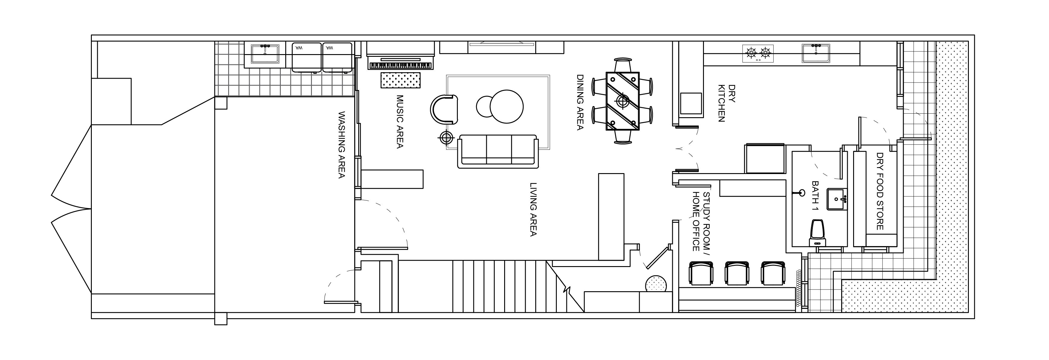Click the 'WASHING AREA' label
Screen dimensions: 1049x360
pyautogui.click(x=341, y=145)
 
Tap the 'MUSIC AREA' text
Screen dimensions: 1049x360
pyautogui.click(x=400, y=122)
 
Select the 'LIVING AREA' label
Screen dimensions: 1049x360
pyautogui.click(x=533, y=209)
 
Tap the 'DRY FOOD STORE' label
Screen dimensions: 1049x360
pyautogui.click(x=879, y=191)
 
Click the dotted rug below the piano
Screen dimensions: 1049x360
pyautogui.click(x=401, y=80)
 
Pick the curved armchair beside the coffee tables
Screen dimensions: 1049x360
pyautogui.click(x=444, y=109)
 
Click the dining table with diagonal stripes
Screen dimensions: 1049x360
pyautogui.click(x=623, y=101)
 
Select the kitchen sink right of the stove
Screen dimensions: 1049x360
pyautogui.click(x=816, y=53)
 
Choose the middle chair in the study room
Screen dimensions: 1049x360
pyautogui.click(x=737, y=273)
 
